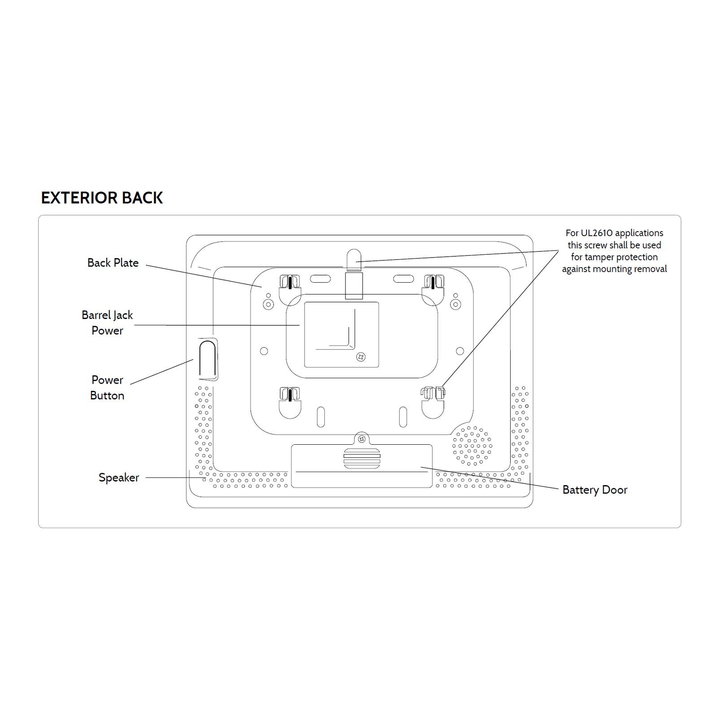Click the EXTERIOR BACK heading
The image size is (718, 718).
tap(102, 198)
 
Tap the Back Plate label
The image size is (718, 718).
tap(113, 263)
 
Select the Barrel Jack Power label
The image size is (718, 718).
tap(107, 323)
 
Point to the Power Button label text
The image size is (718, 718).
tap(107, 388)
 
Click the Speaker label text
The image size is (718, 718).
tap(119, 478)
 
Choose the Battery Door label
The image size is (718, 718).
tap(595, 490)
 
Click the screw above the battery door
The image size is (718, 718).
tap(362, 439)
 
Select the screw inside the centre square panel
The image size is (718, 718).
tap(360, 357)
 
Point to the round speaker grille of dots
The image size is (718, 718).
tap(472, 445)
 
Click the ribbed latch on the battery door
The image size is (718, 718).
tap(362, 458)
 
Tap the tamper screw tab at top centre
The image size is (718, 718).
tap(354, 274)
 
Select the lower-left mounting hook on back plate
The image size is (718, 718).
tap(290, 403)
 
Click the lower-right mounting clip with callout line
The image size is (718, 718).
tap(433, 403)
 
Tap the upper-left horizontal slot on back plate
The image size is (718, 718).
tap(320, 279)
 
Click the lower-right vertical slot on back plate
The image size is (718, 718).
tap(403, 417)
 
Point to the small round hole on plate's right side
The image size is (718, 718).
tap(460, 351)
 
